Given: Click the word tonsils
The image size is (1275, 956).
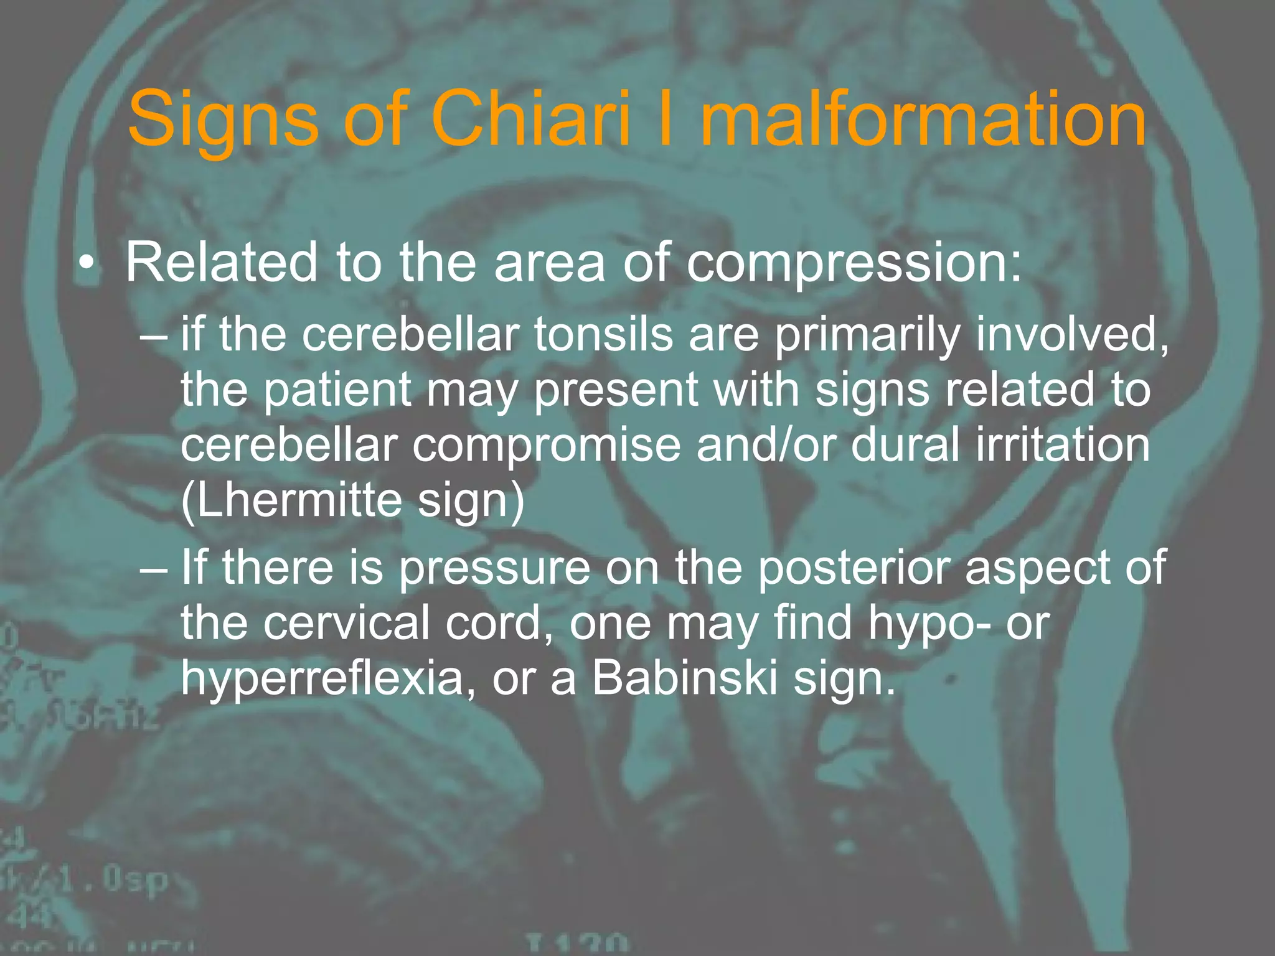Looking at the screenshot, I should tap(603, 334).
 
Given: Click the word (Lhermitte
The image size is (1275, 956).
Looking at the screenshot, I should tap(290, 500).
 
